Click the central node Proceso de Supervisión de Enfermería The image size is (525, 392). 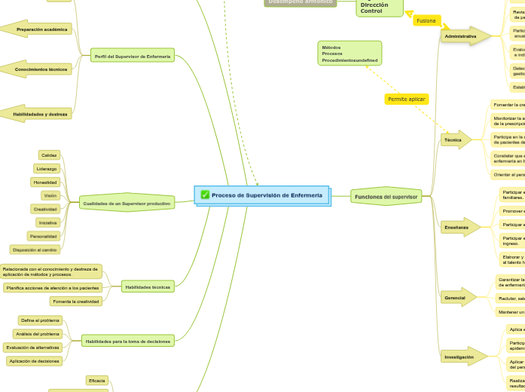266,195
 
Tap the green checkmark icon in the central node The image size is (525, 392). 205,195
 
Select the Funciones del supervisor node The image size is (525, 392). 386,197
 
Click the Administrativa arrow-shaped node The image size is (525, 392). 462,36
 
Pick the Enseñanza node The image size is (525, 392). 457,227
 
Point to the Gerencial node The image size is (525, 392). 456,298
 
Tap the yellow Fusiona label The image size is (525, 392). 426,20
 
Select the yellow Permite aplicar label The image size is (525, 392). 407,99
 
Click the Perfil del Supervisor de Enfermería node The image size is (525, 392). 133,56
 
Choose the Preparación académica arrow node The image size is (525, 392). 41,29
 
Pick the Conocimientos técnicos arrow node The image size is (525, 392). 41,69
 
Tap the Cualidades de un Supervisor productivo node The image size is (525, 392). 127,203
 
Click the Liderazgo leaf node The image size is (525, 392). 47,168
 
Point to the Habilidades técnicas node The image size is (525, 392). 148,286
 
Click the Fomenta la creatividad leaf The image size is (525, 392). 75,302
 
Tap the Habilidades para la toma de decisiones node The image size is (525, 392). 128,341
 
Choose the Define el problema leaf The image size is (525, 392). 40,320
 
